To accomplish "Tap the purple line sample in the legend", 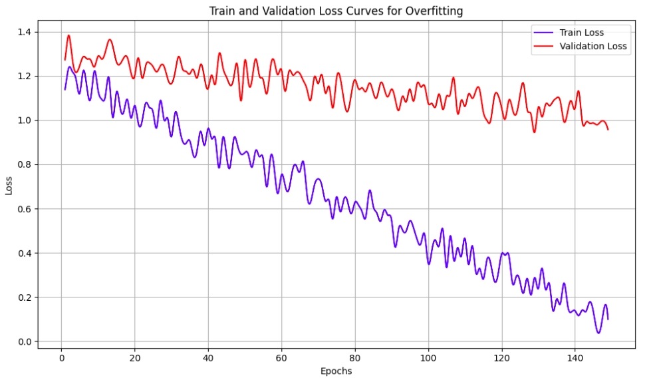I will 545,32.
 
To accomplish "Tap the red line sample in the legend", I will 545,46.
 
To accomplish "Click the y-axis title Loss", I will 9,187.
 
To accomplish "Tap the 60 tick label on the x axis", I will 282,357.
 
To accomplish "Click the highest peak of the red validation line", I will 68,35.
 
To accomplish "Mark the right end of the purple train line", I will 608,319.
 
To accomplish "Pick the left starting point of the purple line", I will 65,89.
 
